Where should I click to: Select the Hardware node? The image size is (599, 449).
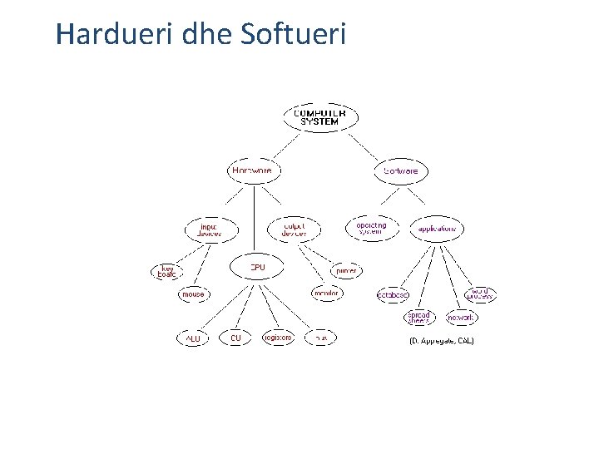(252, 170)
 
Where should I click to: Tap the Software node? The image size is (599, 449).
(402, 171)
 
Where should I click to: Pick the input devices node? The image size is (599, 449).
(210, 229)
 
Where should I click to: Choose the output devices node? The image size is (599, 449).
(295, 229)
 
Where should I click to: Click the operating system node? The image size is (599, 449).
(371, 227)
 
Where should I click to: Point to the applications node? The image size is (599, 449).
(437, 228)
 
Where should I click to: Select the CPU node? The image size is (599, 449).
(258, 267)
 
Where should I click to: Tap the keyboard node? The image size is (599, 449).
(166, 272)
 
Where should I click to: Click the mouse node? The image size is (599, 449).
(193, 294)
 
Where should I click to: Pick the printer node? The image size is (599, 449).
(346, 271)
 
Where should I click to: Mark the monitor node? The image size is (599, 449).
(325, 294)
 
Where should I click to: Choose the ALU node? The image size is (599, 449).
(193, 338)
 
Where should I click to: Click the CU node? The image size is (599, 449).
(235, 338)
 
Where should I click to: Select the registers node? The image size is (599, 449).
(277, 338)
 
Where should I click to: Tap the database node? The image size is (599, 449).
(393, 294)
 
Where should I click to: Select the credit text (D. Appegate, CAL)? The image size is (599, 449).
(441, 342)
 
